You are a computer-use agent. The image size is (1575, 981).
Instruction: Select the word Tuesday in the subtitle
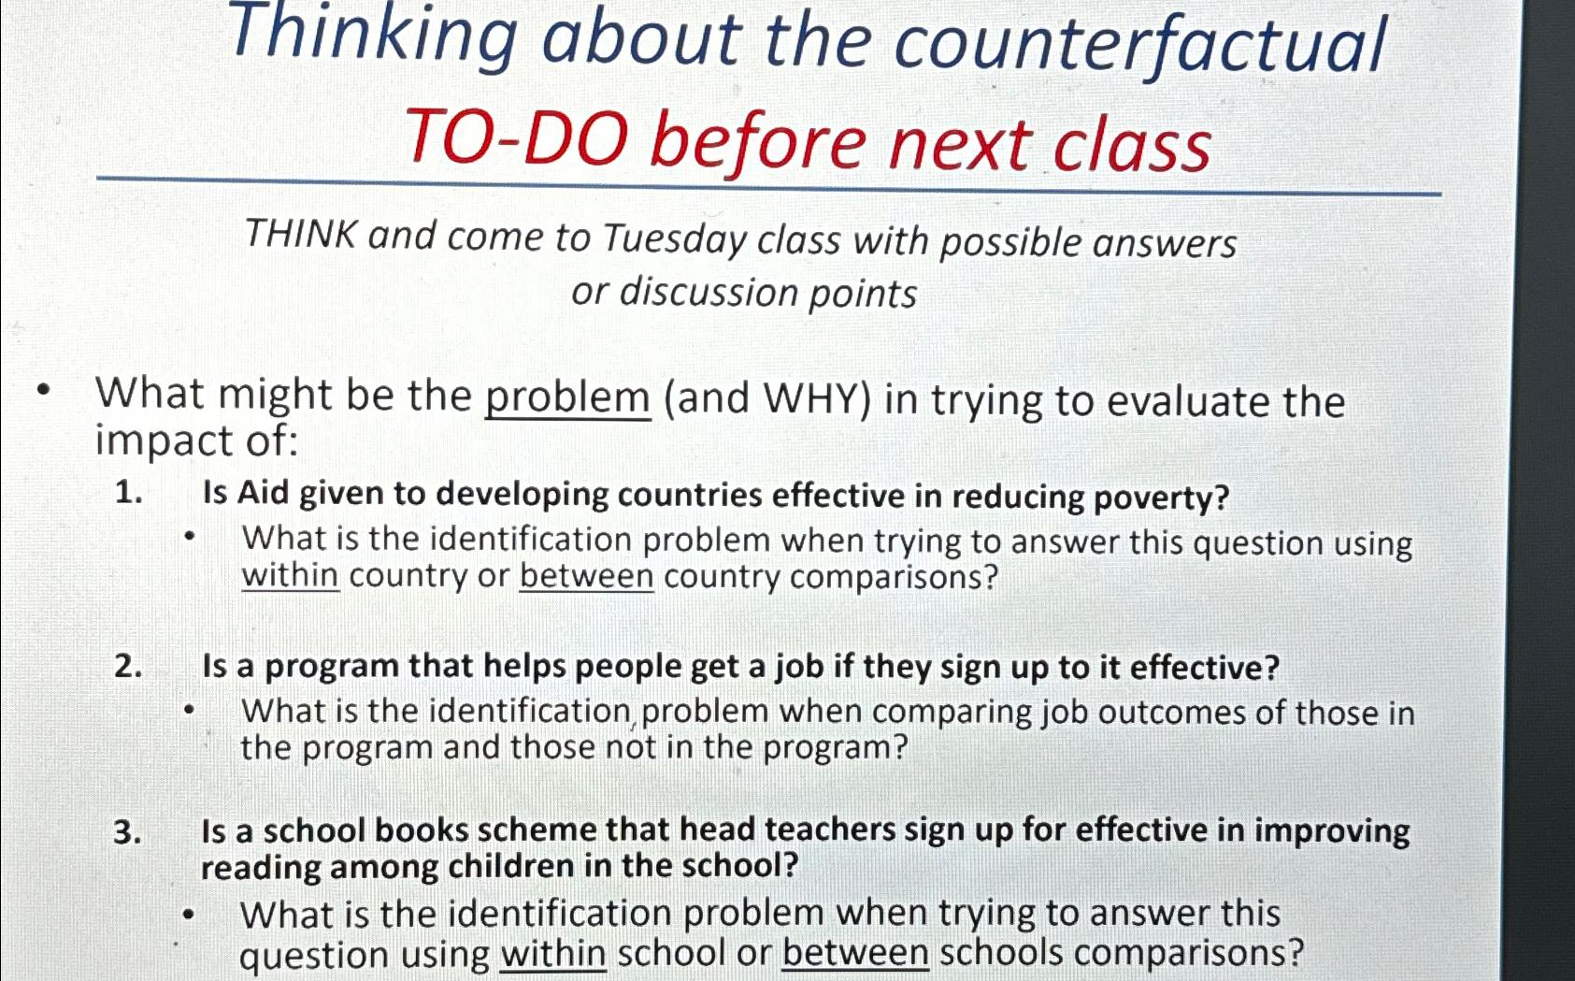coord(673,238)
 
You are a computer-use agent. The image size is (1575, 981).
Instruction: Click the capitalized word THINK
coord(301,234)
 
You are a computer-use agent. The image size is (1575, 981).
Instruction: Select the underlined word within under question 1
coord(290,574)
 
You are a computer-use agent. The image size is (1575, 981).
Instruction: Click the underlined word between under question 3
coord(855,953)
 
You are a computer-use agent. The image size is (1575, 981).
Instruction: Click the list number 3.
coord(127,830)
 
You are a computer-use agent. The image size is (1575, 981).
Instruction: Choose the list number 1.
coord(128,492)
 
